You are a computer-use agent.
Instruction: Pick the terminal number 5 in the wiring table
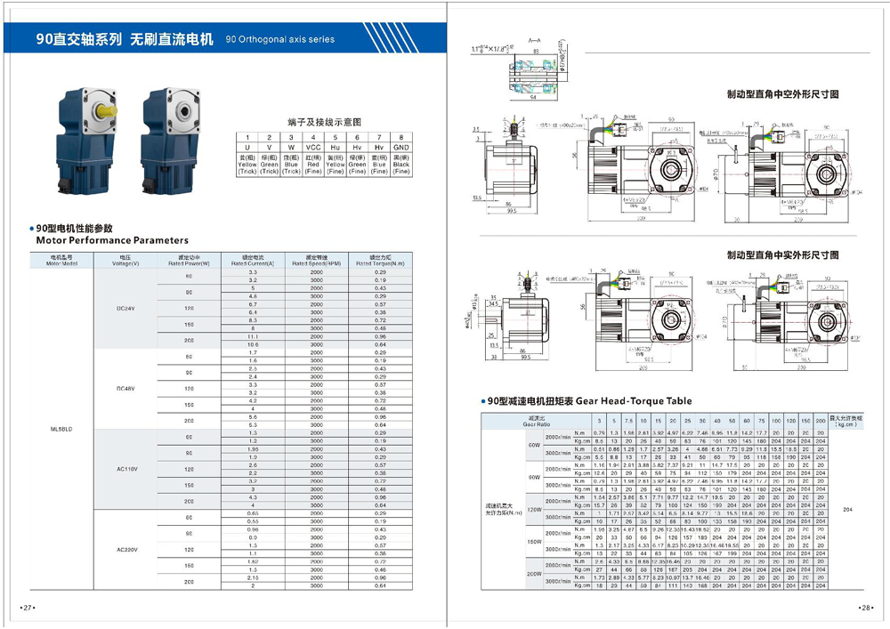(335, 137)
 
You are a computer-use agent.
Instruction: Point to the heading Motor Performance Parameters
(112, 240)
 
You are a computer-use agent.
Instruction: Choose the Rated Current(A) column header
(252, 261)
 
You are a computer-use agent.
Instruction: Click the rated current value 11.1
(252, 337)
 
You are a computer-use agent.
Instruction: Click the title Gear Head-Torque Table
(634, 401)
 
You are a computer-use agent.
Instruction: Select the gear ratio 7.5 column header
(628, 420)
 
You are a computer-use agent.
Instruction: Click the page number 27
(28, 608)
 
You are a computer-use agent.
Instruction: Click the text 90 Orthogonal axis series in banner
(280, 39)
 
